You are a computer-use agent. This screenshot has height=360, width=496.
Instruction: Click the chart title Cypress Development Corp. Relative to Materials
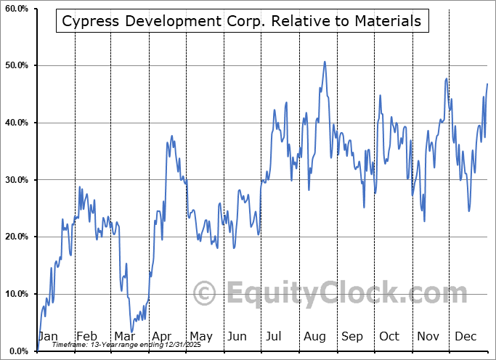tap(242, 21)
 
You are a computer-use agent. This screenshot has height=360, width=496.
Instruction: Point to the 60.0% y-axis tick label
tap(16, 9)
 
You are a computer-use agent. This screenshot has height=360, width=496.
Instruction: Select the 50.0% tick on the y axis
tap(16, 66)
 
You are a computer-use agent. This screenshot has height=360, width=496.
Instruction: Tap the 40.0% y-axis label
tap(16, 123)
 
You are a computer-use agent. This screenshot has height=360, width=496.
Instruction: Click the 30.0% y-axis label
tap(16, 180)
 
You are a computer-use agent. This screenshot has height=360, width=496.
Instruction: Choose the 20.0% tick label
tap(16, 237)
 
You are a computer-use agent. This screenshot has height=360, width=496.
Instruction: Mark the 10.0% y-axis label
tap(16, 294)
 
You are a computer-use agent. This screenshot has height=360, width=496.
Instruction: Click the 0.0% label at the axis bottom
tap(18, 351)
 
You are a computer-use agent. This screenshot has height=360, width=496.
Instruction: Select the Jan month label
tap(48, 336)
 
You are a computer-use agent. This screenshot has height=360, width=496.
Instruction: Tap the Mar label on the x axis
tap(125, 336)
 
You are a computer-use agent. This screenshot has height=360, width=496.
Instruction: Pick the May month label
tap(200, 336)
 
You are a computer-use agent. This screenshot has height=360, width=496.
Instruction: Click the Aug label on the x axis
tap(315, 336)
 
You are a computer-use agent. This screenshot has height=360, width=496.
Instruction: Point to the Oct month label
tap(389, 336)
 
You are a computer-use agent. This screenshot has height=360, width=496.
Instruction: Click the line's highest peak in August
tap(325, 62)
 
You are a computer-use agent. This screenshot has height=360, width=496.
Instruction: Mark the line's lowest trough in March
tap(132, 332)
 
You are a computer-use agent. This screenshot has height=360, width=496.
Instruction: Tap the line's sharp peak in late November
tap(447, 78)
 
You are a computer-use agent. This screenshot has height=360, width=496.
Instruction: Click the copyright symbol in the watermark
tap(205, 294)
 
